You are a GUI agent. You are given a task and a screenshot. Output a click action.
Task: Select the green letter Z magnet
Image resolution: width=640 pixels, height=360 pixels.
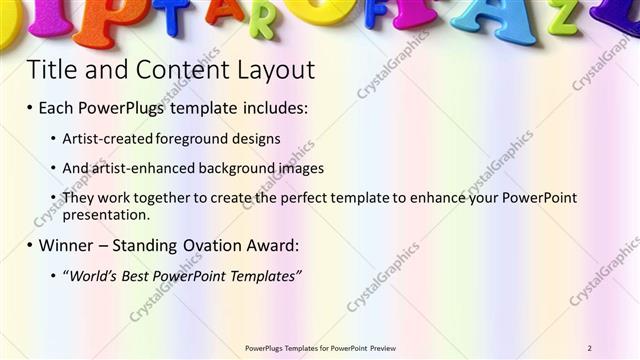point(562,17)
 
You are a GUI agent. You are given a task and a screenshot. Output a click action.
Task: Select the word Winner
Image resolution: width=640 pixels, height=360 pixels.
point(69,245)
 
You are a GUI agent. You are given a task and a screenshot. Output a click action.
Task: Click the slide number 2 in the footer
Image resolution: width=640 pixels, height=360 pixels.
point(590,347)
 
